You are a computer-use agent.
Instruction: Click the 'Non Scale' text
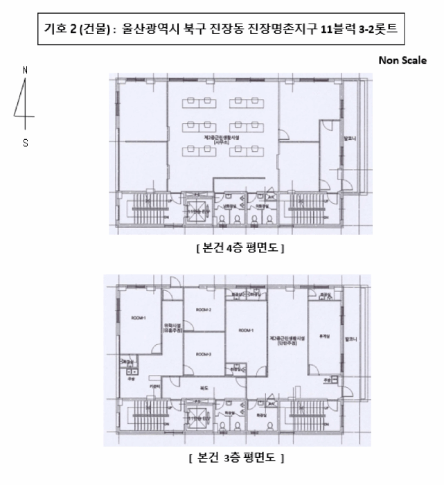(402, 60)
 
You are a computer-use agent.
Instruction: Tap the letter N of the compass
(26, 70)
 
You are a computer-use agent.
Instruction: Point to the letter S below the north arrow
(26, 144)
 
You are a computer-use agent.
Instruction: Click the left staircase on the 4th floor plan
(140, 207)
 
